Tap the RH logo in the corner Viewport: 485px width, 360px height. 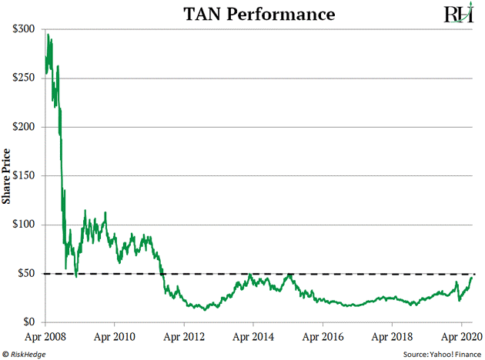point(457,15)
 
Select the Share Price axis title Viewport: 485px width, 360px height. point(8,175)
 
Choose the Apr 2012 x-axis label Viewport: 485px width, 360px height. point(185,336)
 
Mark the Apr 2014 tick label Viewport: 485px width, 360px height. point(253,336)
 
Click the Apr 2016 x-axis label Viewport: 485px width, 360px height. point(323,336)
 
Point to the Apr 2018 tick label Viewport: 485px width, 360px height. point(392,336)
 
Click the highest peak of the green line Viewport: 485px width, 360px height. point(48,35)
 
